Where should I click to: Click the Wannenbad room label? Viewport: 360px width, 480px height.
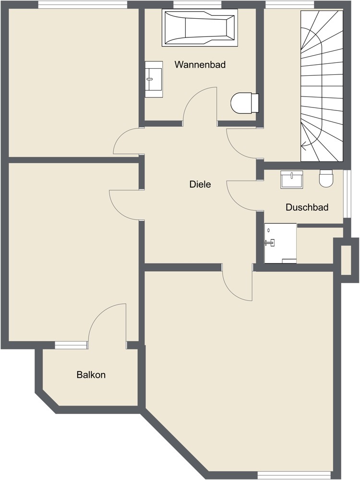coord(200,64)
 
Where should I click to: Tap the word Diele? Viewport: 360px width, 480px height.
coord(200,184)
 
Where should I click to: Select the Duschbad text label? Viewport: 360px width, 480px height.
coord(307,207)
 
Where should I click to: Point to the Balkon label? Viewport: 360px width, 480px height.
coord(91,375)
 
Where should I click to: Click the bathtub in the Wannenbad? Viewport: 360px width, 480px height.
coord(200,28)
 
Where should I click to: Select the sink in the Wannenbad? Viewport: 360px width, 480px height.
coord(154,79)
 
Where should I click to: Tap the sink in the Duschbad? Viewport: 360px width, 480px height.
coord(292,180)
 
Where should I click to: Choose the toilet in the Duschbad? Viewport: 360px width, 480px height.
coord(326,179)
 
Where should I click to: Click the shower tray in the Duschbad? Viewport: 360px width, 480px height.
coord(280,243)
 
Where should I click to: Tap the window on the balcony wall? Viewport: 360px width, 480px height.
coord(71,345)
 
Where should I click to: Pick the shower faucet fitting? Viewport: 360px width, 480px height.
coord(270,242)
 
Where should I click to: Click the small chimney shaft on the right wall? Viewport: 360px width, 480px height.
coord(346,260)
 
